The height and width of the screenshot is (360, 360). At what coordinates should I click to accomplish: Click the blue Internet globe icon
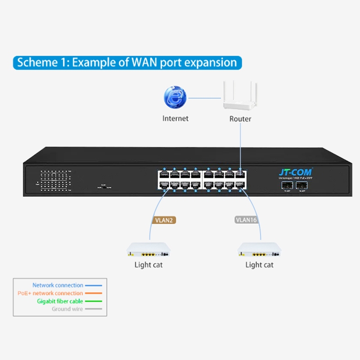click(x=175, y=97)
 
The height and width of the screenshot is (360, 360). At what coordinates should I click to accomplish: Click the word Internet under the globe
click(x=175, y=119)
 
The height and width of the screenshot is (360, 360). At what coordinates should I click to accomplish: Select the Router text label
click(x=240, y=119)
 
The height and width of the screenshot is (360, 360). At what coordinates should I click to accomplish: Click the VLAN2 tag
click(x=163, y=220)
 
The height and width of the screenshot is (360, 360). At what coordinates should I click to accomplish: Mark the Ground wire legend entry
click(x=67, y=309)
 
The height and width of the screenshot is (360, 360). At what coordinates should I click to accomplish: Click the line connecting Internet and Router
click(x=205, y=98)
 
